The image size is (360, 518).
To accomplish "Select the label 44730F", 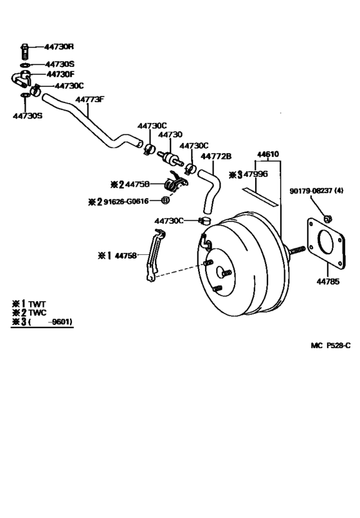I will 60,75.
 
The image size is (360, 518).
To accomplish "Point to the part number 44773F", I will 90,100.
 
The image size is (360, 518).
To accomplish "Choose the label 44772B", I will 216,156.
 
